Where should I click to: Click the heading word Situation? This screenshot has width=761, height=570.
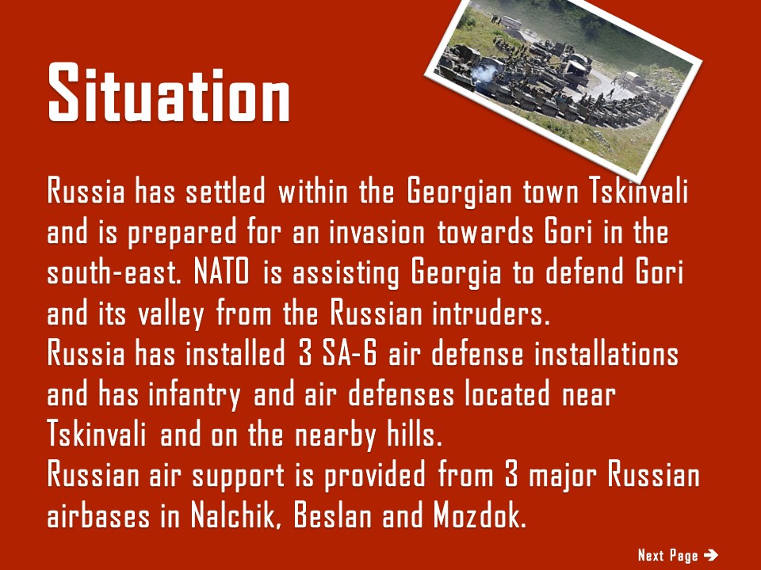(x=169, y=92)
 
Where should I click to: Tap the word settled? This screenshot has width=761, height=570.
(x=226, y=191)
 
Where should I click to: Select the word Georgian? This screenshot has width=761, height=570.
(x=460, y=192)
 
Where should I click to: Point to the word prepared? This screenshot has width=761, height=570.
(x=182, y=233)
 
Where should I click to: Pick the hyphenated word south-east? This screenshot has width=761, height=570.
(x=114, y=273)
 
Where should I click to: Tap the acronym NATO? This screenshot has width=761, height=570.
(x=221, y=272)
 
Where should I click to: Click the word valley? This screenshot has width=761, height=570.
(x=171, y=314)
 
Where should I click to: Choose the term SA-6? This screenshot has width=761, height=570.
(x=350, y=353)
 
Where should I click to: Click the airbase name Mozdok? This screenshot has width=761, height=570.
(x=480, y=516)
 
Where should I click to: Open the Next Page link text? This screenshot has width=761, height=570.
(x=667, y=555)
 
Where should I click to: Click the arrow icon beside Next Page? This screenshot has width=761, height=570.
(x=710, y=554)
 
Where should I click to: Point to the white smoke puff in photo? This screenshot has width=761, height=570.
(x=484, y=73)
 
